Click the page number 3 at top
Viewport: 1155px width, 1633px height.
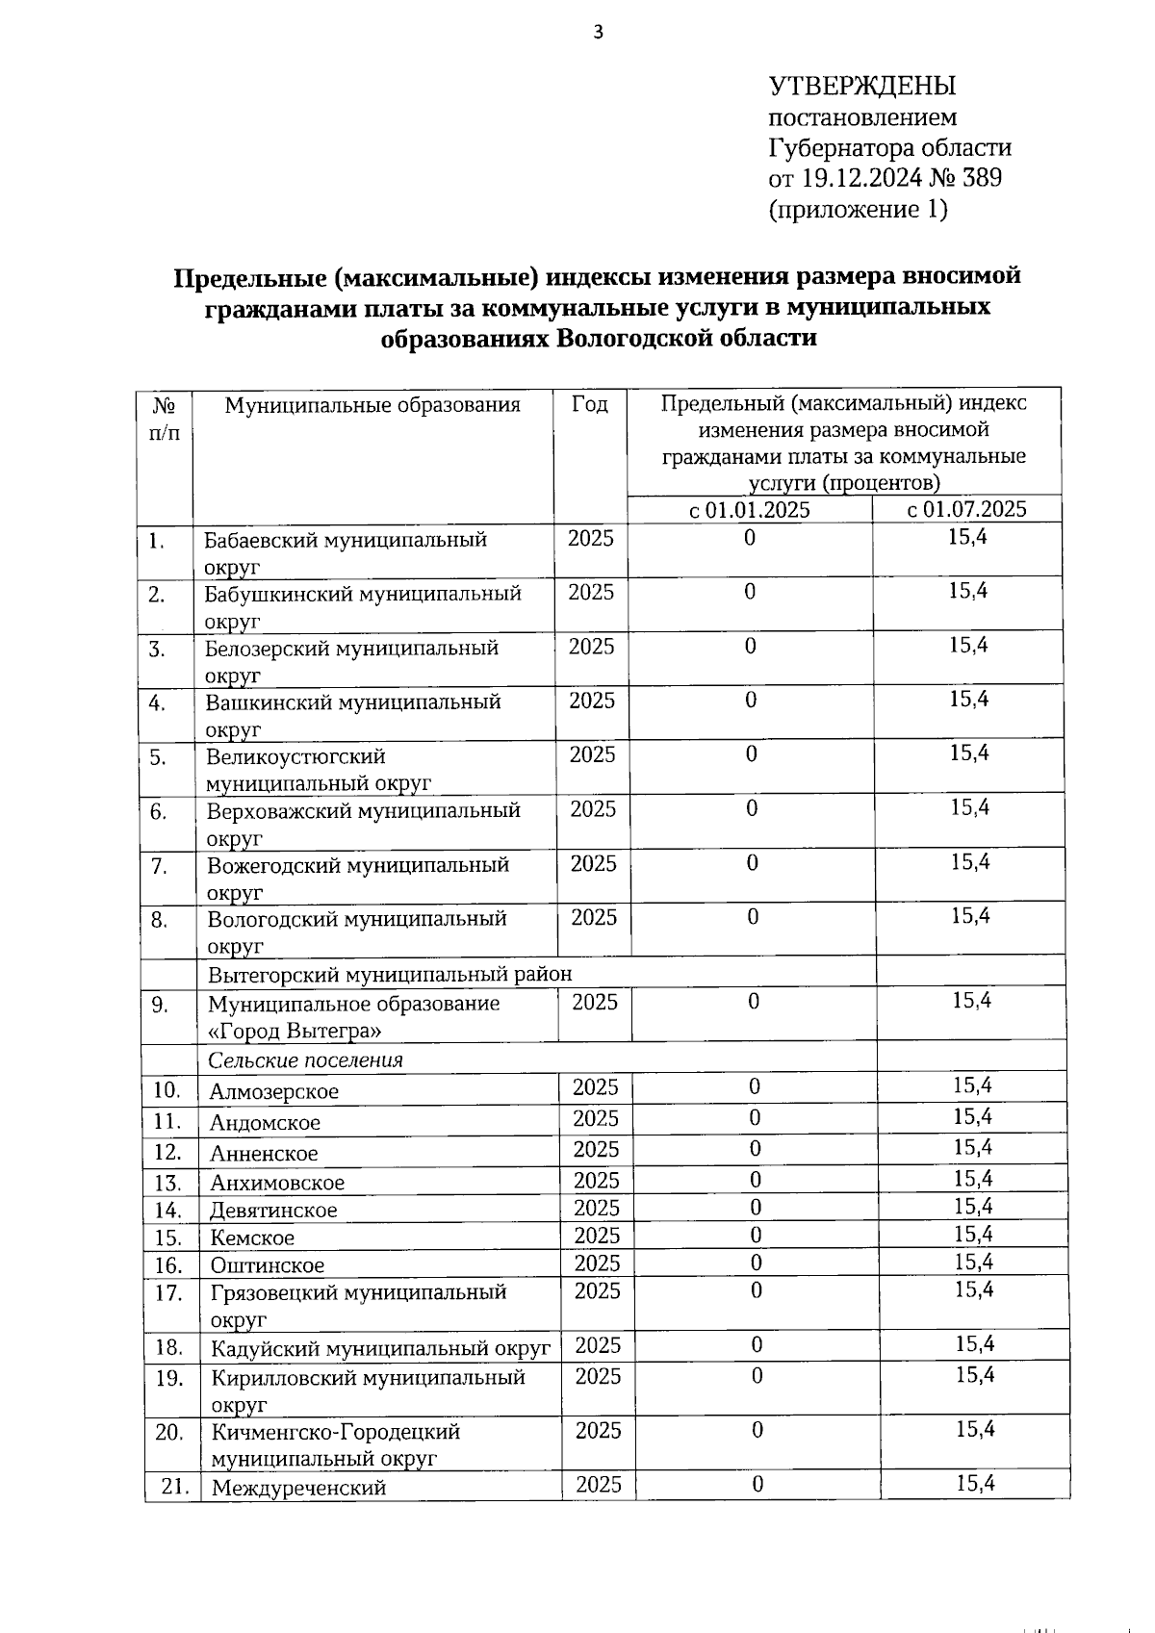tap(598, 33)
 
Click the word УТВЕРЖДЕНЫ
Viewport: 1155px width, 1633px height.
tap(861, 86)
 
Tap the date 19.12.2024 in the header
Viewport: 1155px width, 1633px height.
tap(861, 178)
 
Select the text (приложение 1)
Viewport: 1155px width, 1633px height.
tap(857, 209)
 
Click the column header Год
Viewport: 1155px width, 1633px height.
tap(589, 404)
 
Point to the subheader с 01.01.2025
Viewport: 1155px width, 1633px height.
tap(749, 509)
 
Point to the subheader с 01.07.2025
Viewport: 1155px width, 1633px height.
tap(966, 509)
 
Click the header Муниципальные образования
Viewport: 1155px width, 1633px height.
tap(372, 404)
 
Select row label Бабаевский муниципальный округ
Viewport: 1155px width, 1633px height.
tap(345, 551)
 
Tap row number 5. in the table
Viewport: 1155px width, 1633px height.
tap(158, 757)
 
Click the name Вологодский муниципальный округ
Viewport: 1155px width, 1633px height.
tap(356, 931)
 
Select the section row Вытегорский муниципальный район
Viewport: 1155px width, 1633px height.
tap(390, 974)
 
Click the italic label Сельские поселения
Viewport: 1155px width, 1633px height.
tap(305, 1059)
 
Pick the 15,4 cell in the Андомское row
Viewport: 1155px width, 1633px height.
tap(973, 1116)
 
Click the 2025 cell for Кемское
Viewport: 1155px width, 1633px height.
tap(597, 1236)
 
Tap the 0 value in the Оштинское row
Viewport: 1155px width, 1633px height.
tap(756, 1263)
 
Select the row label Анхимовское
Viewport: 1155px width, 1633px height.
tap(277, 1183)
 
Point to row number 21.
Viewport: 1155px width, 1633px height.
tap(174, 1485)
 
